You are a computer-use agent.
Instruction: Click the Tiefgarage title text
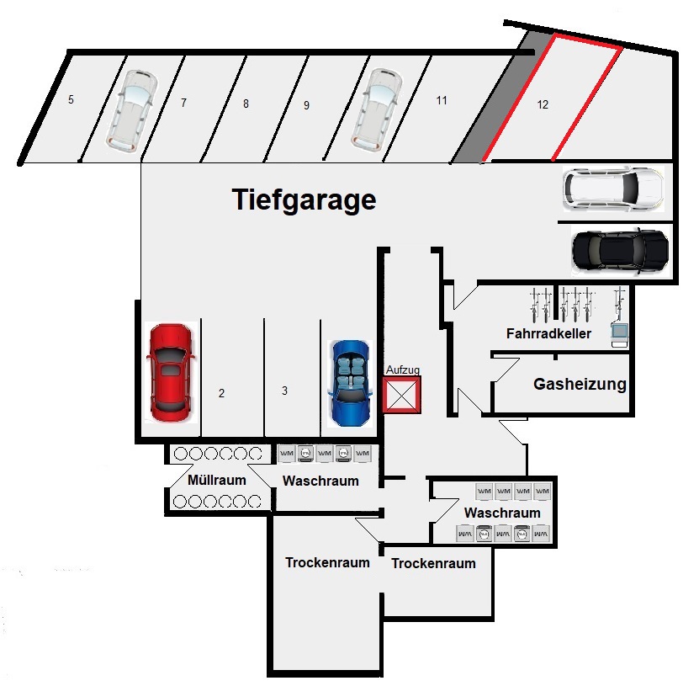tap(303, 200)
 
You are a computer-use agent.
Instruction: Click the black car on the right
tap(619, 249)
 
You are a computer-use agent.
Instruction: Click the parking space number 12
tap(543, 105)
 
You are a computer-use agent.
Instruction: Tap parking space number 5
tap(71, 100)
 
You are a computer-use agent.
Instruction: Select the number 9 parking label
tap(307, 105)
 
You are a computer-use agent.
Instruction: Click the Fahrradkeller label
tap(548, 334)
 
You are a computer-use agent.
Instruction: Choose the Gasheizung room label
tap(580, 385)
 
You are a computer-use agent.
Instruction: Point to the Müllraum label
tap(217, 481)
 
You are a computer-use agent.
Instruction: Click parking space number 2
tap(221, 393)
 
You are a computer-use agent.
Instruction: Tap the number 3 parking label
tap(285, 391)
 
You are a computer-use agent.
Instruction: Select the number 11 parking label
tap(442, 100)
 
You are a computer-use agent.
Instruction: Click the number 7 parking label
tap(183, 103)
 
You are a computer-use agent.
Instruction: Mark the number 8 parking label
tap(246, 104)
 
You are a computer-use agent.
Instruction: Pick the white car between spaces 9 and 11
tap(374, 109)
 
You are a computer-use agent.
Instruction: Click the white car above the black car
tap(613, 189)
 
